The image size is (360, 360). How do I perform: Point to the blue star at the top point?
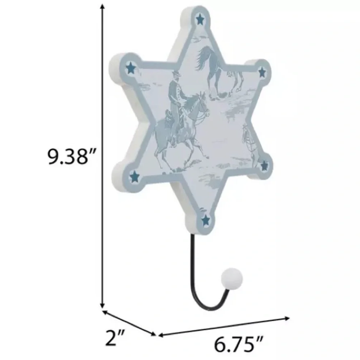200,19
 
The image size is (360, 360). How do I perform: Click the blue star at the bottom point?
206,220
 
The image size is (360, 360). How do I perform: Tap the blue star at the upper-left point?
131,68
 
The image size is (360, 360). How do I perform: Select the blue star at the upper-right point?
262,72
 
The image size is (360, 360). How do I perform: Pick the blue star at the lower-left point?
135,176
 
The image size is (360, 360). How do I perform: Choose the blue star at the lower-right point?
265,166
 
